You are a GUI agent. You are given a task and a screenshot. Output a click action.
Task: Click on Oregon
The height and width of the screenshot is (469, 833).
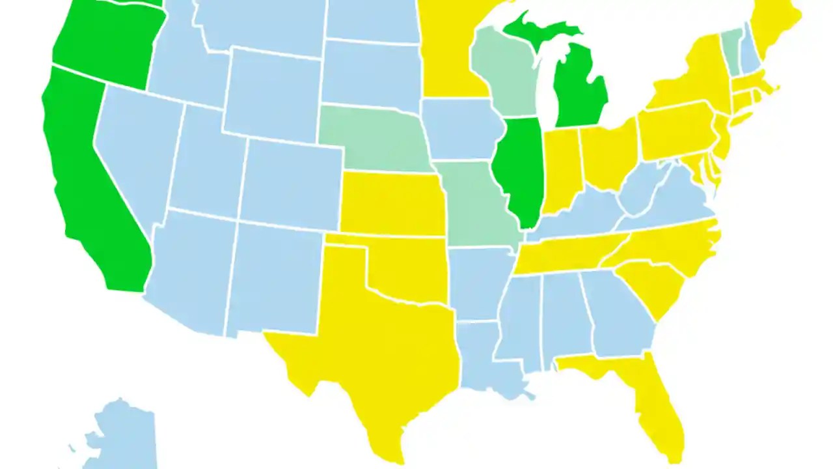click(x=104, y=46)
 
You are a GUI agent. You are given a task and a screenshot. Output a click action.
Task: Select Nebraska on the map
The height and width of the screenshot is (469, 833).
click(x=371, y=137)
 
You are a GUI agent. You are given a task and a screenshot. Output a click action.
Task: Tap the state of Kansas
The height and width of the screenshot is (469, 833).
click(x=390, y=202)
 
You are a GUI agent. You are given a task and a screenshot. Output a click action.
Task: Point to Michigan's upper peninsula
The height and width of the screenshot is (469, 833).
click(x=540, y=29)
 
